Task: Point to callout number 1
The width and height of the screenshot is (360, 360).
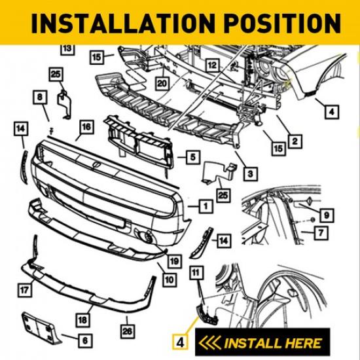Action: [x=206, y=206]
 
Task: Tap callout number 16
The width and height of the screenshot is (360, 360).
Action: [x=85, y=127]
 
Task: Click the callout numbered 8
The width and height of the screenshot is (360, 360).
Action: [x=41, y=98]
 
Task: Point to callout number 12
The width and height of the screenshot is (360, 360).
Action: [x=211, y=65]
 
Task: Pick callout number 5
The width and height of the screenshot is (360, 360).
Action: [x=192, y=157]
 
